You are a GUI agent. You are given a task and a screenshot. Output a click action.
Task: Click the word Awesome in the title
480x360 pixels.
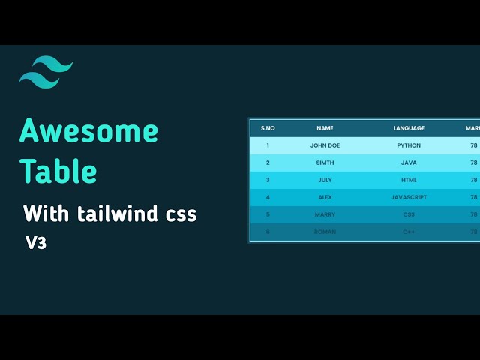click(x=88, y=131)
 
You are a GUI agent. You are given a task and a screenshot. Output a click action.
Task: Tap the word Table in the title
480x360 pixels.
click(x=58, y=172)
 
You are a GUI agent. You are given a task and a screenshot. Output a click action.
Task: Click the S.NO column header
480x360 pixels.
click(x=268, y=128)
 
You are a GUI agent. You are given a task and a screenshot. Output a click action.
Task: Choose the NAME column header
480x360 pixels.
click(x=325, y=128)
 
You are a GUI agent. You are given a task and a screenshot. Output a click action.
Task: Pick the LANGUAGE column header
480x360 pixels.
click(x=409, y=128)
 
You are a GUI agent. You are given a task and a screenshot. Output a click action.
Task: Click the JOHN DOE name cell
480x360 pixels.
click(x=325, y=145)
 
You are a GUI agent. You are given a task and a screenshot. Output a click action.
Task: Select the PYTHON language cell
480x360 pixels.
click(x=409, y=145)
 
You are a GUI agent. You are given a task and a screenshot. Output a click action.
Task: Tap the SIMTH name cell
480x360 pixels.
click(x=325, y=163)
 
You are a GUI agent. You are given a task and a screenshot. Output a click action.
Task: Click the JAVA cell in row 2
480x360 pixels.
click(x=409, y=163)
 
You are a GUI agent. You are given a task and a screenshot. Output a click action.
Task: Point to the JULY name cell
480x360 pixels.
click(x=325, y=180)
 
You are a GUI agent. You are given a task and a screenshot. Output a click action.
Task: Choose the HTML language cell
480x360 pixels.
click(x=409, y=180)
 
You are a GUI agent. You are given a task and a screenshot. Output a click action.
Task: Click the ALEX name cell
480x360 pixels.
click(x=325, y=197)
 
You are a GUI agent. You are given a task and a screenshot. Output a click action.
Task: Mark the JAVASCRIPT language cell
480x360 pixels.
click(x=409, y=197)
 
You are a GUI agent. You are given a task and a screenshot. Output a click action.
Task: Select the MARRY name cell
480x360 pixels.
click(x=325, y=214)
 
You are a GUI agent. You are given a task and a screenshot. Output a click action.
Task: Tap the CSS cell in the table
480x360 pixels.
click(x=409, y=214)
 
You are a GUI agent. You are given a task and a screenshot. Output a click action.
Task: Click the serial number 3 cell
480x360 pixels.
click(x=268, y=180)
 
